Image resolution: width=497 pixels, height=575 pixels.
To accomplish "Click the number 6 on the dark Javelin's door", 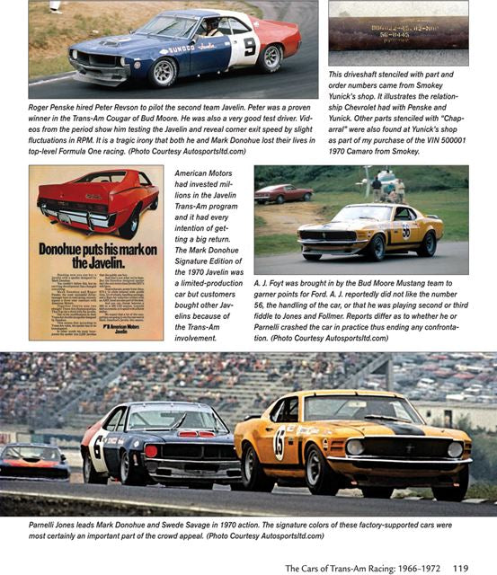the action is [97, 444].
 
